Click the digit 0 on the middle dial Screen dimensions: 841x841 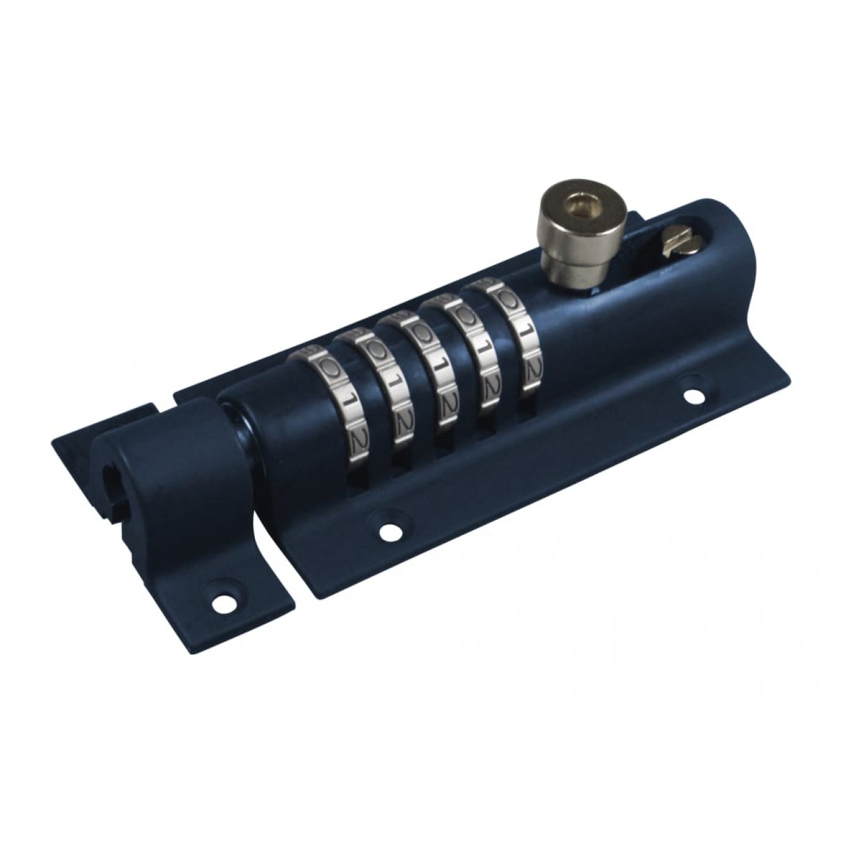click(x=419, y=331)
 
